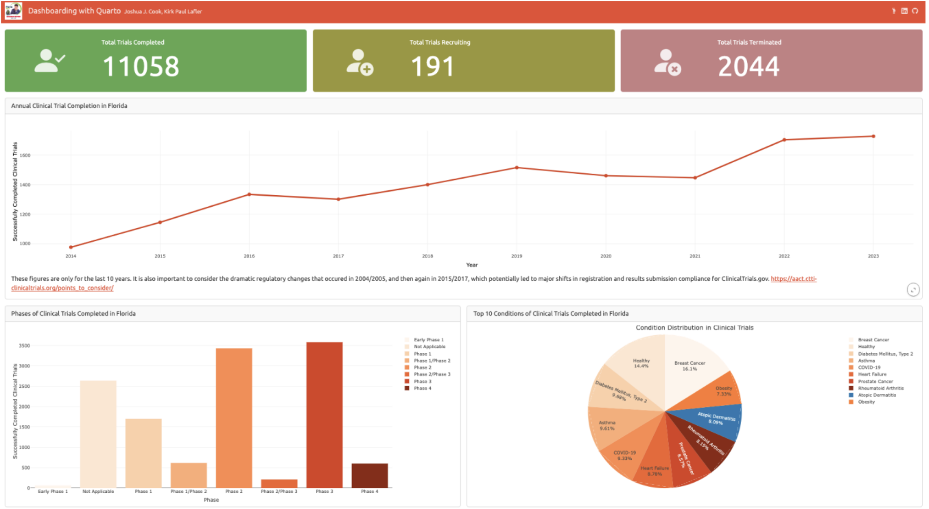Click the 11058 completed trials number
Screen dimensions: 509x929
click(141, 67)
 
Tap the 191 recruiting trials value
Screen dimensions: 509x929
click(432, 67)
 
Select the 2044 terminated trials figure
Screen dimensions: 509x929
click(749, 67)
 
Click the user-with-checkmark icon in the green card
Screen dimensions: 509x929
click(50, 61)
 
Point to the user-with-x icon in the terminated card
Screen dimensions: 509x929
click(667, 62)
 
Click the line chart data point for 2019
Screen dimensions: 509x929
click(517, 168)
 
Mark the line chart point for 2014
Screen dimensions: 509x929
click(71, 247)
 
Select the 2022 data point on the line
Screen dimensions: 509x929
click(784, 140)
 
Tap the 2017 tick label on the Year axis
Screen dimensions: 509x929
click(338, 256)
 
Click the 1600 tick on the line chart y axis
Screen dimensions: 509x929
click(25, 155)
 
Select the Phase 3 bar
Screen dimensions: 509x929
click(324, 415)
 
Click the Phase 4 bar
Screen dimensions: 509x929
click(370, 476)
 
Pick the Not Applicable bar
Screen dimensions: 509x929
click(98, 434)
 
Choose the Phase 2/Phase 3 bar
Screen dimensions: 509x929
click(279, 483)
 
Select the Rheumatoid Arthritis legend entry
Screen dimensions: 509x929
click(880, 388)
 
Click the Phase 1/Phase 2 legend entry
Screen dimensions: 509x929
click(432, 361)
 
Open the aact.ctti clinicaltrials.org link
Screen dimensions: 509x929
click(793, 279)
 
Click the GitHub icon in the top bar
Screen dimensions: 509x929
click(915, 11)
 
